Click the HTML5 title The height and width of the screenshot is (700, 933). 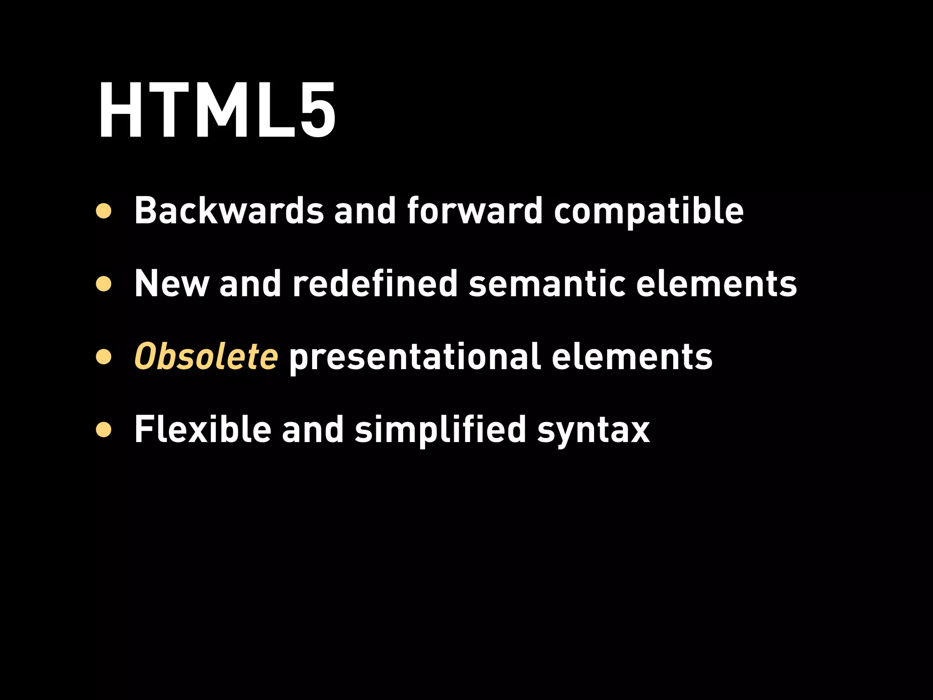click(x=217, y=111)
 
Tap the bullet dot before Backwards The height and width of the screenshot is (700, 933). click(x=104, y=211)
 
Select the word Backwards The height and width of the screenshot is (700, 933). click(x=229, y=211)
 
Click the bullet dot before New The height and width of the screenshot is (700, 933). click(x=104, y=284)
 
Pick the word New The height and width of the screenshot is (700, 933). click(x=172, y=283)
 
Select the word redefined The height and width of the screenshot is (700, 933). click(x=375, y=283)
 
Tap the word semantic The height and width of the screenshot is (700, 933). click(x=547, y=284)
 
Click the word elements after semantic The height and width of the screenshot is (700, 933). click(x=716, y=284)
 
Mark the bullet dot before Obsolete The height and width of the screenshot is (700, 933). click(x=104, y=357)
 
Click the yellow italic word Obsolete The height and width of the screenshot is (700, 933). click(x=206, y=356)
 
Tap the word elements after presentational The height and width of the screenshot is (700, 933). click(x=632, y=357)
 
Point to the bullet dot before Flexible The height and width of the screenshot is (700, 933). click(x=104, y=430)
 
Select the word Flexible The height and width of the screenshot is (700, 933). click(x=203, y=429)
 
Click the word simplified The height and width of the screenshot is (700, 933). click(x=441, y=430)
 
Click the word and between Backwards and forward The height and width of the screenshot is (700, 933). click(x=365, y=211)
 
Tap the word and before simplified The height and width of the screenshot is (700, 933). click(x=313, y=429)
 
